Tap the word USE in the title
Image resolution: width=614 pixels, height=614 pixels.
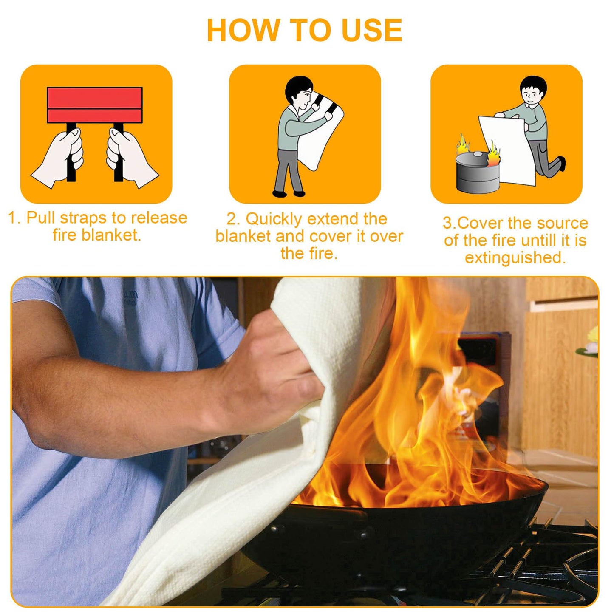[372, 31]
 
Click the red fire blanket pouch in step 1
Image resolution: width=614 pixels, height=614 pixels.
[94, 105]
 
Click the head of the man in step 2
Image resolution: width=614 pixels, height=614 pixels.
[298, 91]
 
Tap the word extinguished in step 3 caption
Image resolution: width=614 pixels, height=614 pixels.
[515, 257]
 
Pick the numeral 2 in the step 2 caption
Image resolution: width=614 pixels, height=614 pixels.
[232, 219]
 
